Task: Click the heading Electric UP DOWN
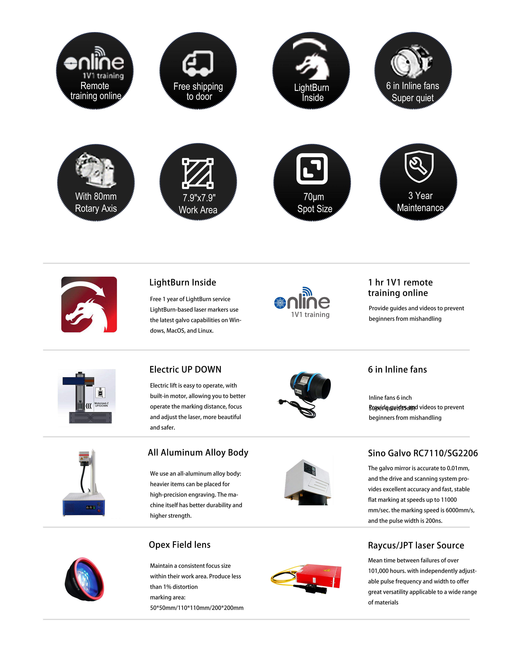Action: point(185,369)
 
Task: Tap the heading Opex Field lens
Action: point(180,545)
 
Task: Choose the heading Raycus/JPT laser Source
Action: point(416,545)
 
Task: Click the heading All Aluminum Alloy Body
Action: point(198,452)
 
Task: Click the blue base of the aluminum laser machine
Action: point(84,504)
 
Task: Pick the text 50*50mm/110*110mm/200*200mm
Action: point(197,608)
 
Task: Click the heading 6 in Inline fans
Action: point(397,369)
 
